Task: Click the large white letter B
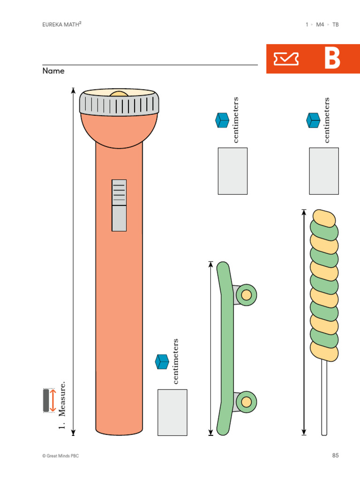(332, 59)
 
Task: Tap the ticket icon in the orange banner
(286, 59)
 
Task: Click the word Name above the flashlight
(53, 71)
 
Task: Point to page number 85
(335, 455)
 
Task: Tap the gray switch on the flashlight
(119, 205)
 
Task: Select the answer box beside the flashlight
(172, 412)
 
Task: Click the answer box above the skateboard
(232, 171)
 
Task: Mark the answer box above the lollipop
(323, 171)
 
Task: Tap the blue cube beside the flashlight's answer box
(162, 361)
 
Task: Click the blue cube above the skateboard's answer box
(222, 120)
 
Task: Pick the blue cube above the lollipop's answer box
(313, 120)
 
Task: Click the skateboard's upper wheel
(246, 295)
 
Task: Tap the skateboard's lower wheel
(246, 401)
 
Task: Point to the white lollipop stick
(324, 398)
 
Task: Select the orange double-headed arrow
(53, 401)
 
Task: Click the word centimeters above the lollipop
(327, 120)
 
